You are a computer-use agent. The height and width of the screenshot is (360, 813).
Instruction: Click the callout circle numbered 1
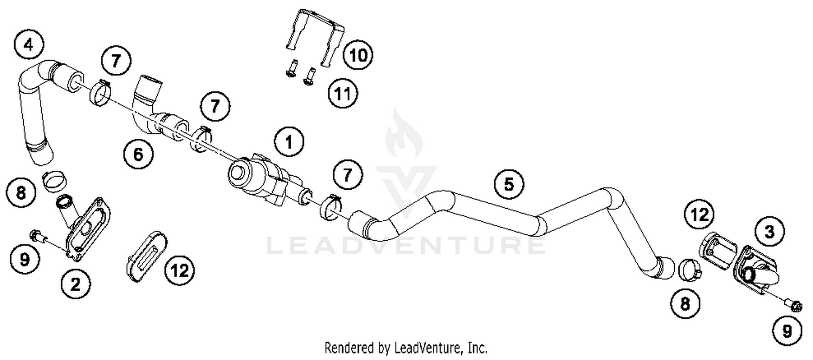289,143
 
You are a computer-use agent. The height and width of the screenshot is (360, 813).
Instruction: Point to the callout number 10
357,54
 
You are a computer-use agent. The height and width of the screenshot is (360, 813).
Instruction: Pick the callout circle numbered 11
344,95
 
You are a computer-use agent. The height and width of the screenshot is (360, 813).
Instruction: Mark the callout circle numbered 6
138,155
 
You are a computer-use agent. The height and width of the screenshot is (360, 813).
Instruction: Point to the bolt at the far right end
793,307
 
